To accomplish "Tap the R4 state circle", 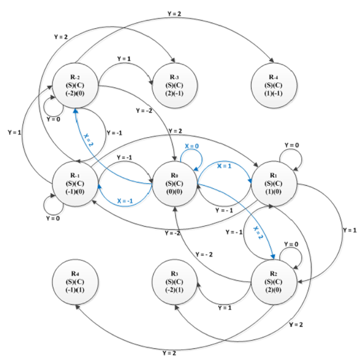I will (75, 281).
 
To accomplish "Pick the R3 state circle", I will (174, 281).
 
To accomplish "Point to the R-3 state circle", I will (175, 85).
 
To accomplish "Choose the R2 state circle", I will (274, 281).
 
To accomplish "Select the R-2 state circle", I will (75, 85).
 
